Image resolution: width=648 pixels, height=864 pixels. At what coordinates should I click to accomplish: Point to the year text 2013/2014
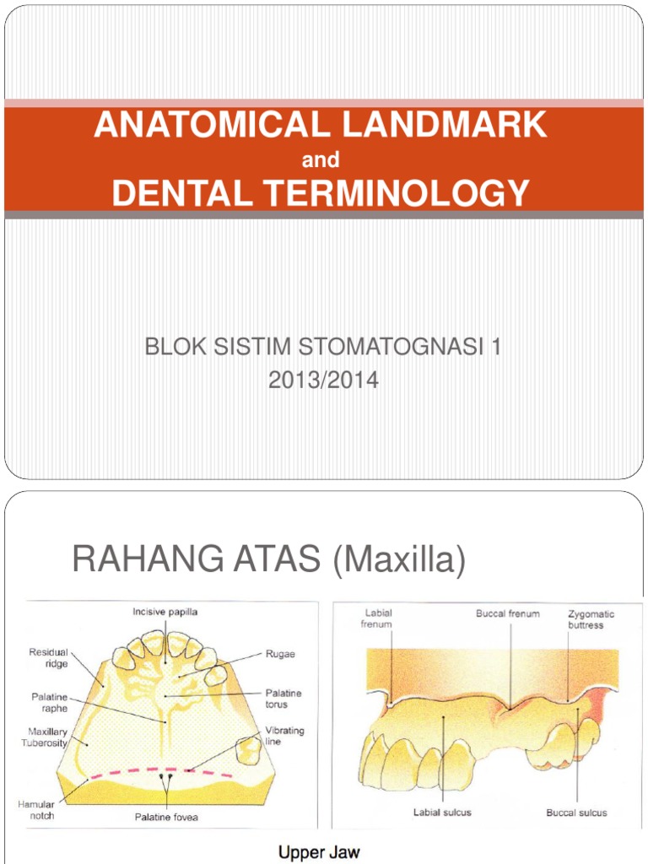point(324,381)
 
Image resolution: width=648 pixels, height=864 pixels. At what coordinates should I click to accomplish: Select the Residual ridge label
point(50,658)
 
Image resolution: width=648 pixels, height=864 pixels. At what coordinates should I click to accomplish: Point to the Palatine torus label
point(284,699)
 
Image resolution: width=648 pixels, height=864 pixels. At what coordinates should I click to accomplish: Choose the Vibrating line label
point(284,736)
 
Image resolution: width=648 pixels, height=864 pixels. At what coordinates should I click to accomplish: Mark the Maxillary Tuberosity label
point(47,737)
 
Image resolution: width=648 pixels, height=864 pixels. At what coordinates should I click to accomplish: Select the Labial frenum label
point(377,618)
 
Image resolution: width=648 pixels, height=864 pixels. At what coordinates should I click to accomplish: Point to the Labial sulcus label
point(443,813)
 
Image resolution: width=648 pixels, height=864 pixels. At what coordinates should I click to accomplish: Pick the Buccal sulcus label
point(576,813)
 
